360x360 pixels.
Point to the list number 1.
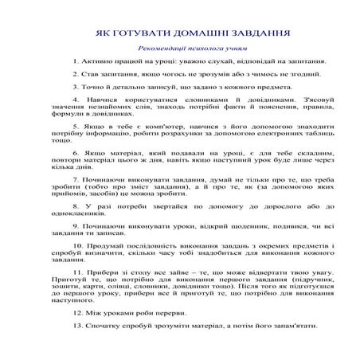pos(75,61)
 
